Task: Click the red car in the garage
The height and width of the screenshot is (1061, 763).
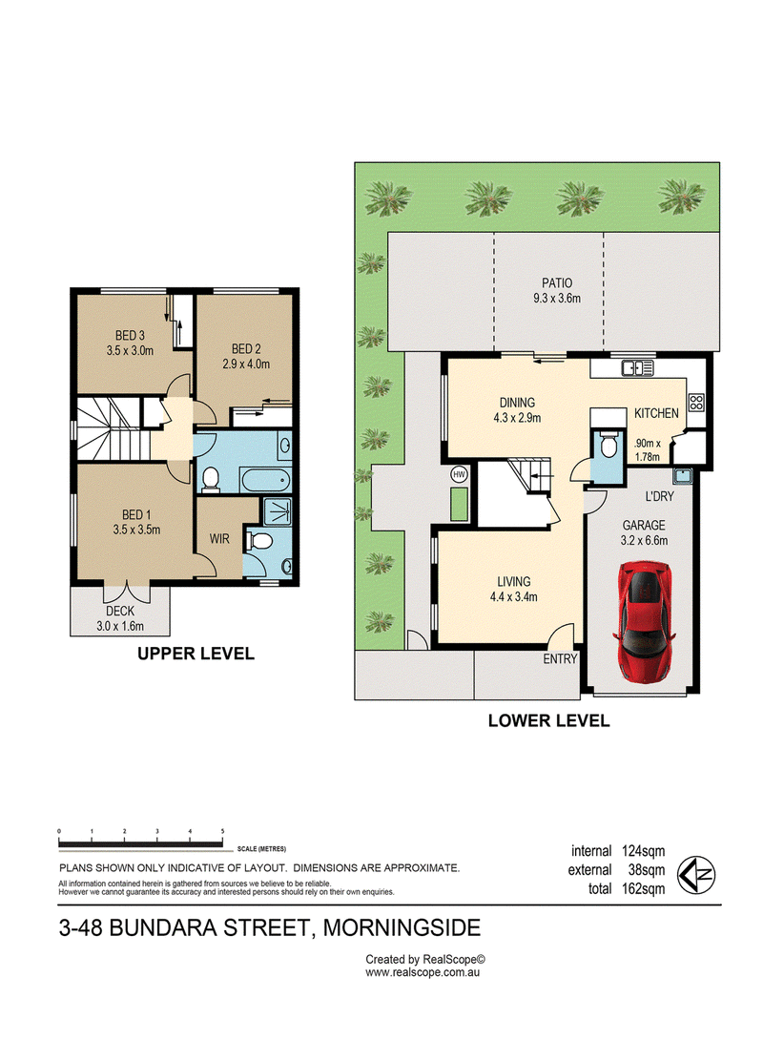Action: pyautogui.click(x=644, y=620)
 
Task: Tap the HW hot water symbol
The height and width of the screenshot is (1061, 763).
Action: pyautogui.click(x=460, y=474)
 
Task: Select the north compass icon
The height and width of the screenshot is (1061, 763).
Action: pyautogui.click(x=696, y=875)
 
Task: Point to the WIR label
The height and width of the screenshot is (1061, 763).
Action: pyautogui.click(x=219, y=539)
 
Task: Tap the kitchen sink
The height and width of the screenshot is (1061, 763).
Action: pyautogui.click(x=637, y=367)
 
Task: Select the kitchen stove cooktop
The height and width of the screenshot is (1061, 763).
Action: pyautogui.click(x=696, y=402)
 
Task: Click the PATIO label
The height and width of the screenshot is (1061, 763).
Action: pyautogui.click(x=557, y=282)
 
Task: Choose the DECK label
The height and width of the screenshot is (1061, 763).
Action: pyautogui.click(x=120, y=611)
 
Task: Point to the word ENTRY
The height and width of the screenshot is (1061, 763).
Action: pyautogui.click(x=560, y=659)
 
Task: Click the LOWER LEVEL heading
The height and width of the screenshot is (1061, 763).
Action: pyautogui.click(x=548, y=721)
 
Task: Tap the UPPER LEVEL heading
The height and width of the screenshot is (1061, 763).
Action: pyautogui.click(x=196, y=654)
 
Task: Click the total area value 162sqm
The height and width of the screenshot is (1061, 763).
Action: pyautogui.click(x=643, y=889)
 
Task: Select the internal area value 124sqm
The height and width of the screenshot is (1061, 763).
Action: pyautogui.click(x=643, y=851)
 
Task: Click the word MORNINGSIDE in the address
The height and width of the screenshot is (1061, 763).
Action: pyautogui.click(x=402, y=927)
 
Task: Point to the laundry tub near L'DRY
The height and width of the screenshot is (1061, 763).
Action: pyautogui.click(x=681, y=474)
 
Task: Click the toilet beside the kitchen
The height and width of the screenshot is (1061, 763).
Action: pyautogui.click(x=608, y=446)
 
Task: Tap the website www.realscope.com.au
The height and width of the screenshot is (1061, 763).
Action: pyautogui.click(x=423, y=972)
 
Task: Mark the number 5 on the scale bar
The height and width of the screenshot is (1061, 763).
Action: pyautogui.click(x=222, y=831)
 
